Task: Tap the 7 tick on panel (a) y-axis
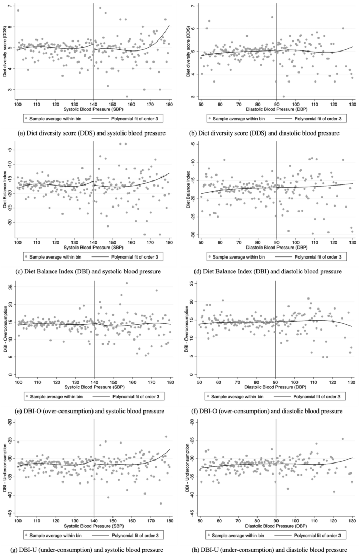pyautogui.click(x=11, y=6)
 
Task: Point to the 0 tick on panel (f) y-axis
pyautogui.click(x=194, y=374)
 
